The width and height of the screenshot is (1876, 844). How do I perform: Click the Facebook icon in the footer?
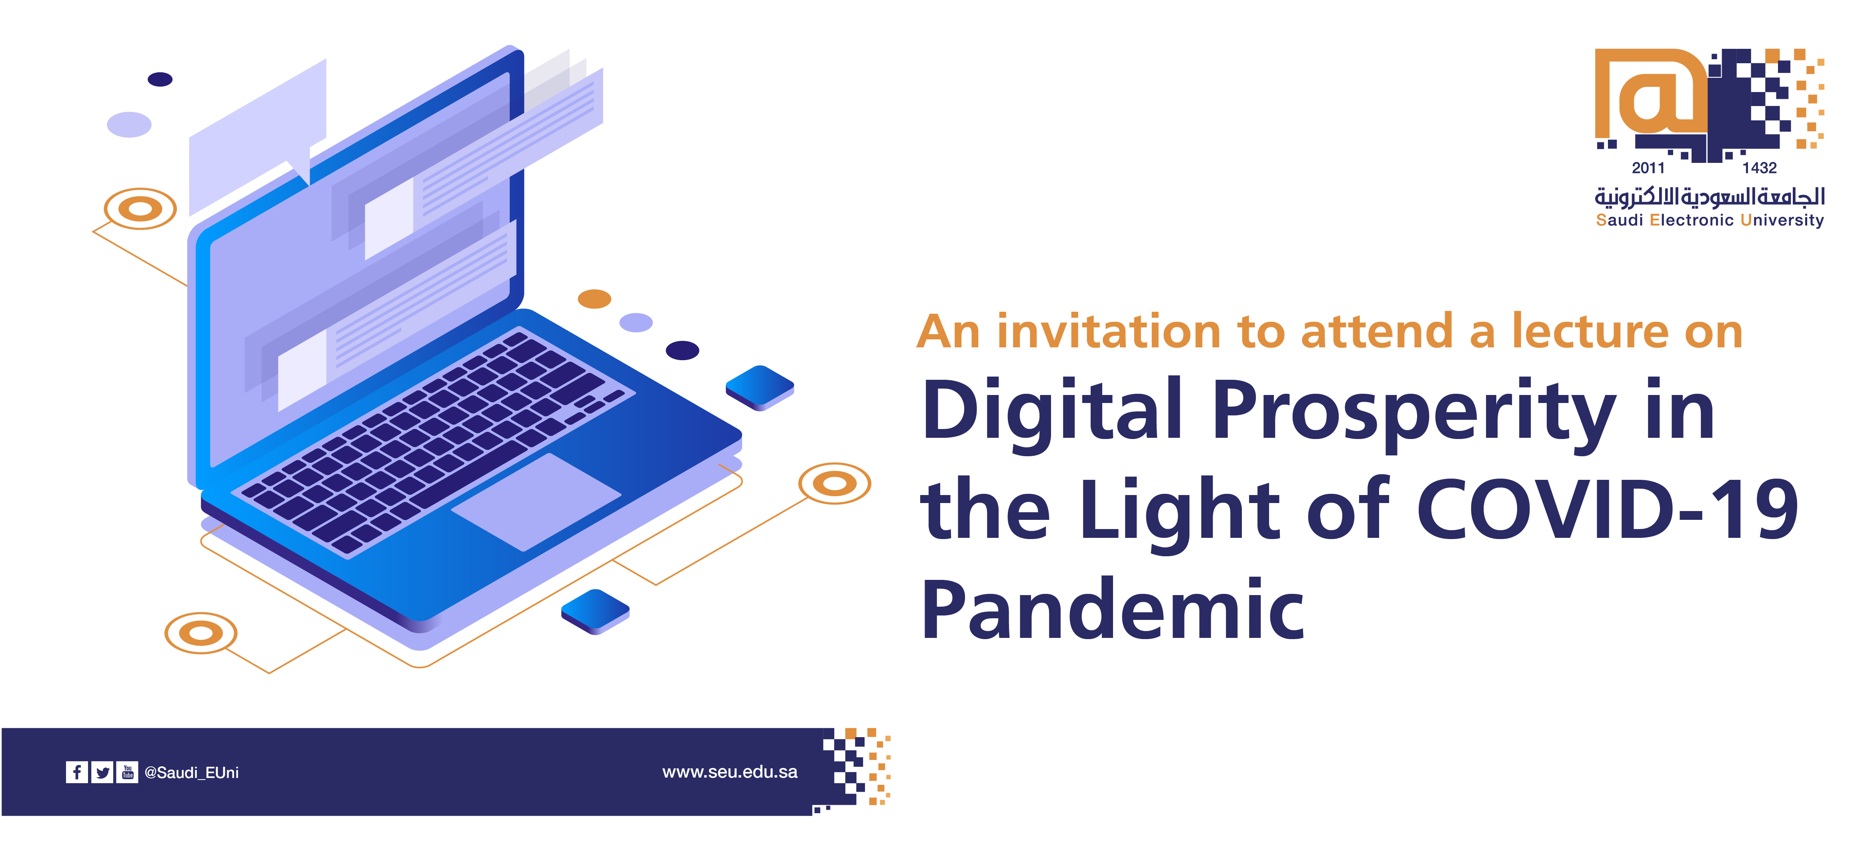pyautogui.click(x=76, y=772)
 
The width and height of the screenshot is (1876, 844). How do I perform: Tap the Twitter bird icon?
pyautogui.click(x=103, y=772)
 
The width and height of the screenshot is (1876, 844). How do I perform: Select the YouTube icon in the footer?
pyautogui.click(x=128, y=772)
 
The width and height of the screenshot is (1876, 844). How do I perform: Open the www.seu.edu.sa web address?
pyautogui.click(x=730, y=772)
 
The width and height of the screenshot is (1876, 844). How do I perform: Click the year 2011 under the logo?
pyautogui.click(x=1648, y=168)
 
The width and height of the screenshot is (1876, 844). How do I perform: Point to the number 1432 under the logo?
pyautogui.click(x=1760, y=168)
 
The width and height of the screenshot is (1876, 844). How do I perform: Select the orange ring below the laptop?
pyautogui.click(x=201, y=633)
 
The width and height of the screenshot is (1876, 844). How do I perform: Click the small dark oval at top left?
pyautogui.click(x=160, y=79)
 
